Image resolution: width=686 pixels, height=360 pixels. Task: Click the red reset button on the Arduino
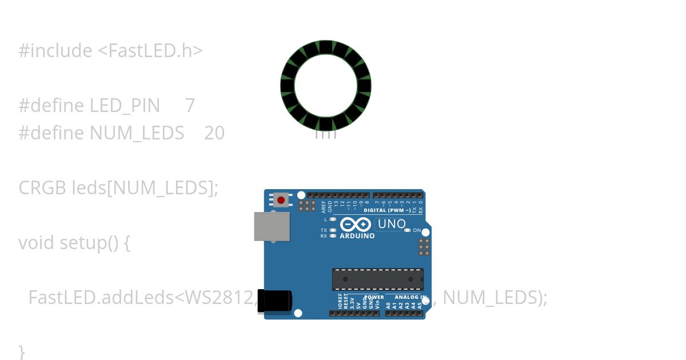point(281,201)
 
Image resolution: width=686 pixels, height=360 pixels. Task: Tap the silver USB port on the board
point(272,226)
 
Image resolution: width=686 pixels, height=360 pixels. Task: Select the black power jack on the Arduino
point(274,301)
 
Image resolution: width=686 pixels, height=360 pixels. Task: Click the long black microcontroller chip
point(378,279)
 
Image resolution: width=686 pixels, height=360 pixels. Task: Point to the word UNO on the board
point(392,224)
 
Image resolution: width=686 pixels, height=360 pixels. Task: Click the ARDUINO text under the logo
point(357,236)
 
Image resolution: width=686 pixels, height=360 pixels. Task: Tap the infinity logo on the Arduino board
point(356,225)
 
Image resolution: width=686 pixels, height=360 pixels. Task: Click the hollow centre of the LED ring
point(326,86)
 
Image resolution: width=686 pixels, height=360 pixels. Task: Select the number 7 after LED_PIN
point(190,106)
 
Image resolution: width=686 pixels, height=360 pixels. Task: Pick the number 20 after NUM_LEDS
point(214,133)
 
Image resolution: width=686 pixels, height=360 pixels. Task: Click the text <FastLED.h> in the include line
point(150,51)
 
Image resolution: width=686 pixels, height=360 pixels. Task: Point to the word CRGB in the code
point(42,188)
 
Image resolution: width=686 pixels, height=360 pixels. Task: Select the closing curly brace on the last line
point(22,351)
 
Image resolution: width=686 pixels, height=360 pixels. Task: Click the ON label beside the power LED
point(417,231)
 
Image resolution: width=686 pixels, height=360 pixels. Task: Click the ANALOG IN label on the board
point(410,298)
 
